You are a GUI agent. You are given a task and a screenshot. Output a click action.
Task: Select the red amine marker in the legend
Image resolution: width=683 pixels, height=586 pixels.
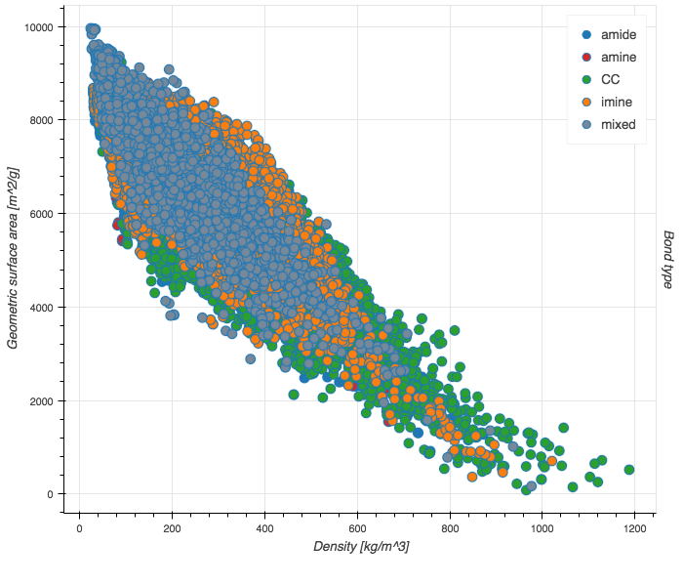[x=585, y=58]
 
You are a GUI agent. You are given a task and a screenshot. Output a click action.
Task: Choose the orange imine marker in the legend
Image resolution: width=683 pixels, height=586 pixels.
[x=585, y=103]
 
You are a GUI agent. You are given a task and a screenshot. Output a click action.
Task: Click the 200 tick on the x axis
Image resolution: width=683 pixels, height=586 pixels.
[x=173, y=528]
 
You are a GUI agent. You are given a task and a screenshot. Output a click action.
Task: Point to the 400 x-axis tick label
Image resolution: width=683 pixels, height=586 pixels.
[x=265, y=528]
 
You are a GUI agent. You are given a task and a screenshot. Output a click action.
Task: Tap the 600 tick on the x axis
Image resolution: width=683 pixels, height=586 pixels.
[x=358, y=528]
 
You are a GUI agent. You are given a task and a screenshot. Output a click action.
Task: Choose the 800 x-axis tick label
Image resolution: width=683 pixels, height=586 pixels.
[x=450, y=528]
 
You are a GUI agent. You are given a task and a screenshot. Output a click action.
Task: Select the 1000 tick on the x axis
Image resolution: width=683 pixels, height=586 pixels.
[x=542, y=528]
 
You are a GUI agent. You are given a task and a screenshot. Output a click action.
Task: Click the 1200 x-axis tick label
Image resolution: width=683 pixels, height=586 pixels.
[x=635, y=528]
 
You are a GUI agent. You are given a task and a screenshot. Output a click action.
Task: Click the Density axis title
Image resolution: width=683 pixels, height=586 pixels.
[x=361, y=547]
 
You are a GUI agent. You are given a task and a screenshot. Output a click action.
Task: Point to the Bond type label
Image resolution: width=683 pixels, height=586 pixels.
[x=668, y=259]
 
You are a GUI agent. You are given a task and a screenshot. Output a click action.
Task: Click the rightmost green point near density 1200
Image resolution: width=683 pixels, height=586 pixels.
[x=629, y=470]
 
